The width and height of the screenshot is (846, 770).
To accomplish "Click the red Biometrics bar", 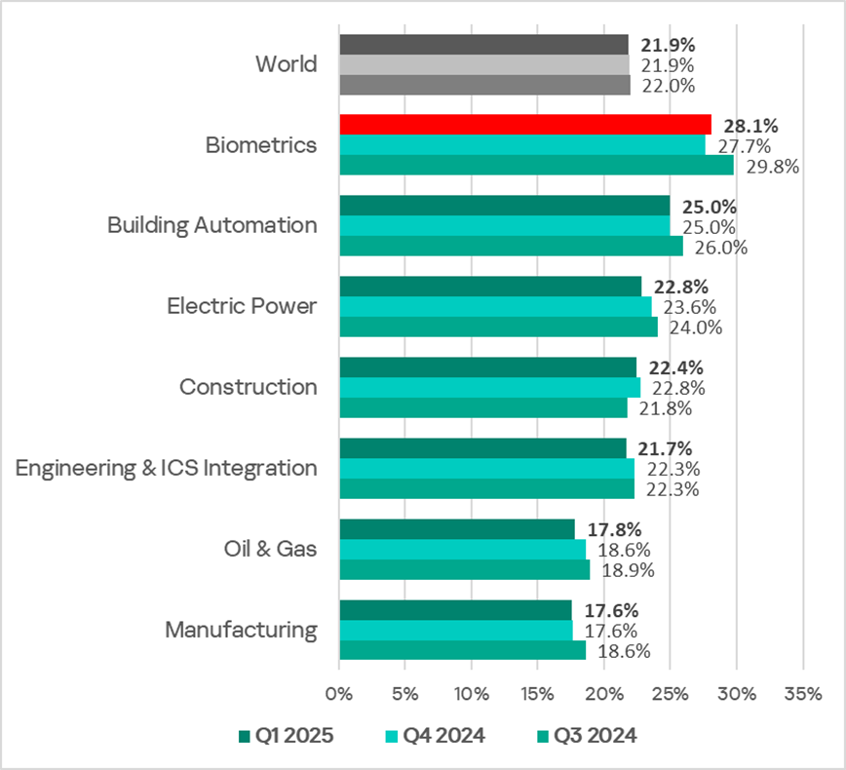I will coord(524,124).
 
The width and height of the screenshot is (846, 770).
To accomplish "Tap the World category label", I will coord(286,64).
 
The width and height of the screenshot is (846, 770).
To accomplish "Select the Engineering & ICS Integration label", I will coord(167,468).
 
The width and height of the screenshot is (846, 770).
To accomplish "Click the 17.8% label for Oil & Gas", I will coord(615,530).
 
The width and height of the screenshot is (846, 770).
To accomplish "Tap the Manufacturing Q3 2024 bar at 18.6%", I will coord(462,651).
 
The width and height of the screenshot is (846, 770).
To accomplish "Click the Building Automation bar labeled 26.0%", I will coord(511,247).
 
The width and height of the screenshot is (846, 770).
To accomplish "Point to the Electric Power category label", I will coord(242,306).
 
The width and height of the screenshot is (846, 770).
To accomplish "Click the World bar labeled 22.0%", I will coord(484,85).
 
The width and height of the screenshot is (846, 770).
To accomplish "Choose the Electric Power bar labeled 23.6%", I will coord(495,307).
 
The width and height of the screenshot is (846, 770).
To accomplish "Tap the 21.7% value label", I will coord(666,448).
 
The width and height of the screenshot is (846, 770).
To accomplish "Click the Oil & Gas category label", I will coord(269,549).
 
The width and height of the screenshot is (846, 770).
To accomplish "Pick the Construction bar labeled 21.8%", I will coord(483,408).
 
